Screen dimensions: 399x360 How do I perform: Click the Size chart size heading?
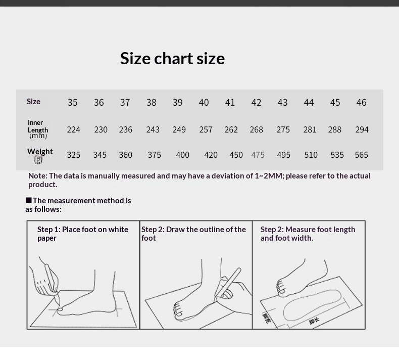pyautogui.click(x=172, y=58)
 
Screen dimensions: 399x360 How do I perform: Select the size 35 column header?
pyautogui.click(x=73, y=103)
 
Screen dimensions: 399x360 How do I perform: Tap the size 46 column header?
pyautogui.click(x=361, y=103)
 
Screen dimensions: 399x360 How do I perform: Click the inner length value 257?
pyautogui.click(x=206, y=129)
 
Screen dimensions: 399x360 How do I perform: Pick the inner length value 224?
pyautogui.click(x=74, y=129)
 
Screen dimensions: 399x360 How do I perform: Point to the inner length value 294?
pyautogui.click(x=362, y=129)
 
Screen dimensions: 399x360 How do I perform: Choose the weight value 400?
pyautogui.click(x=182, y=155)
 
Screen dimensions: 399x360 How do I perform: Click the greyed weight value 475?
pyautogui.click(x=258, y=155)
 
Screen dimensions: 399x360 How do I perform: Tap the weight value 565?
pyautogui.click(x=361, y=155)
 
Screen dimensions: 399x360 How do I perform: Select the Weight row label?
pyautogui.click(x=40, y=152)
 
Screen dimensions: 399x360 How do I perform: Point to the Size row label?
pyautogui.click(x=33, y=102)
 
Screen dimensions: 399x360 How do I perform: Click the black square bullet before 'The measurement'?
pyautogui.click(x=29, y=200)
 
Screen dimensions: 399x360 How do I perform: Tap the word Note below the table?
pyautogui.click(x=38, y=176)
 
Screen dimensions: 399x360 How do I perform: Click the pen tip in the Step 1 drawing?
pyautogui.click(x=59, y=304)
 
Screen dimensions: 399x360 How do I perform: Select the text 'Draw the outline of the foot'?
pyautogui.click(x=193, y=234)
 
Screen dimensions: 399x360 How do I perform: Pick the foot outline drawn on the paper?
pyautogui.click(x=312, y=305)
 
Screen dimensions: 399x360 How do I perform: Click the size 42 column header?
pyautogui.click(x=256, y=103)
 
